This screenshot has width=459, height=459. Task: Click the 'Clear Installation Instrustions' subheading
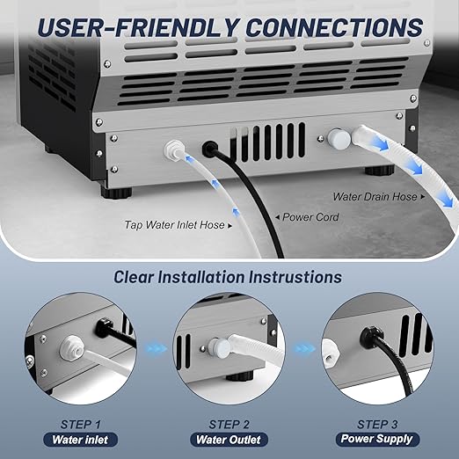tap(228, 277)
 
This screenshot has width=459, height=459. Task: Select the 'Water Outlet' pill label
tap(229, 439)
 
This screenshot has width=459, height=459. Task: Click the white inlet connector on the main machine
tap(172, 150)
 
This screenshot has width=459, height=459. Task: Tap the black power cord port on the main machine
tap(211, 149)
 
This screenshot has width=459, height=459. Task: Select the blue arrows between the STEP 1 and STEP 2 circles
tap(156, 349)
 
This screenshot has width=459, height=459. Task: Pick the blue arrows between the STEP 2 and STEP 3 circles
tap(302, 349)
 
